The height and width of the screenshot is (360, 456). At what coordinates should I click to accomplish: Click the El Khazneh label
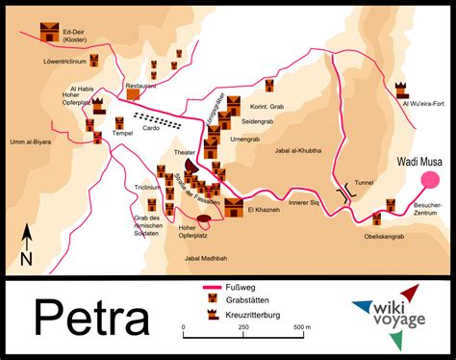coord(264,209)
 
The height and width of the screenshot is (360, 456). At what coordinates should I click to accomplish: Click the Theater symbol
coord(191,167)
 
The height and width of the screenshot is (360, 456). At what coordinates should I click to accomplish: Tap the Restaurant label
coord(140,86)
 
